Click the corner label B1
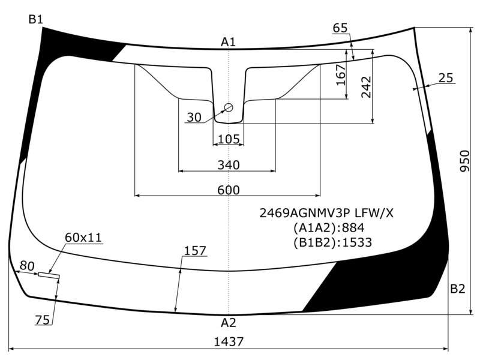36,19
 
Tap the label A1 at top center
229,42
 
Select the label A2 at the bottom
229,323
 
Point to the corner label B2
458,289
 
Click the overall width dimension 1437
229,341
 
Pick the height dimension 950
464,161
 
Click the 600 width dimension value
229,190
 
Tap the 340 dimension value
229,165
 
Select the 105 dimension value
229,139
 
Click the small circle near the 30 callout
229,107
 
